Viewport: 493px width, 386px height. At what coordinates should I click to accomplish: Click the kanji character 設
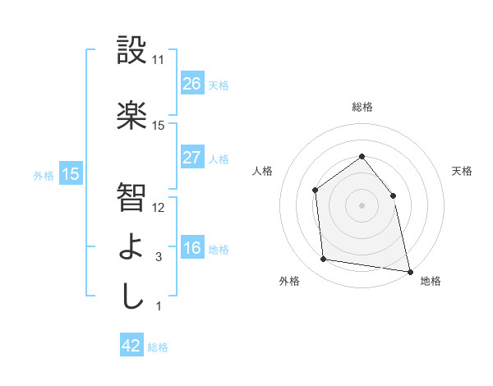pyautogui.click(x=131, y=51)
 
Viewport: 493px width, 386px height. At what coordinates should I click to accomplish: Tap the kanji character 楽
pyautogui.click(x=131, y=116)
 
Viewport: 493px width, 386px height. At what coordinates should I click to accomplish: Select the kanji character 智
pyautogui.click(x=131, y=196)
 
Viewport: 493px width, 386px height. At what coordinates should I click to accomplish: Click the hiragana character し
pyautogui.click(x=131, y=296)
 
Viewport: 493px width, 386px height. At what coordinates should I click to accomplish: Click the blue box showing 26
pyautogui.click(x=191, y=84)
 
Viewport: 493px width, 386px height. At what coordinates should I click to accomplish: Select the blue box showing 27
pyautogui.click(x=191, y=158)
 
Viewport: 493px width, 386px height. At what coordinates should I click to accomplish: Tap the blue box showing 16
pyautogui.click(x=191, y=248)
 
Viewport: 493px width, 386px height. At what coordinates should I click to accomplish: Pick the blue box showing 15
pyautogui.click(x=71, y=174)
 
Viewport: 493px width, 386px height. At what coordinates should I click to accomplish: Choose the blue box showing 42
pyautogui.click(x=131, y=346)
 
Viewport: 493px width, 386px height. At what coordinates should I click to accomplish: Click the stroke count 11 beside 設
pyautogui.click(x=159, y=60)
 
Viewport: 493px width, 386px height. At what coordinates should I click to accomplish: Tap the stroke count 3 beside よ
pyautogui.click(x=159, y=257)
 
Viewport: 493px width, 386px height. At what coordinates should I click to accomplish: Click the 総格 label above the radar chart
pyautogui.click(x=362, y=107)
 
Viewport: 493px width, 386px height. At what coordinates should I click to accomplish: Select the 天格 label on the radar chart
pyautogui.click(x=462, y=171)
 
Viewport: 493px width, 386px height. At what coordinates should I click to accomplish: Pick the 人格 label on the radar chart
pyautogui.click(x=262, y=171)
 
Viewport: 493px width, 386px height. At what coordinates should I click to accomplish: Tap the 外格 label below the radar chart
pyautogui.click(x=289, y=281)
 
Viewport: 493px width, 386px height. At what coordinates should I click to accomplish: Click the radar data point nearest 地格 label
pyautogui.click(x=408, y=270)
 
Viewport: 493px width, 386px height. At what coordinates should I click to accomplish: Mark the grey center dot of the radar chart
pyautogui.click(x=362, y=204)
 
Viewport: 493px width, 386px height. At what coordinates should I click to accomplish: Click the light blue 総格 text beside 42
pyautogui.click(x=158, y=347)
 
